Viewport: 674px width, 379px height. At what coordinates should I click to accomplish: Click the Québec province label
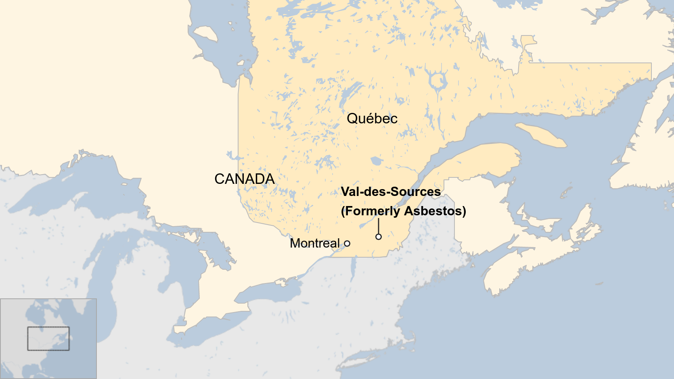coord(372,119)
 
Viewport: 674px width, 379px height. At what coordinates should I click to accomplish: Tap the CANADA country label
coord(244,179)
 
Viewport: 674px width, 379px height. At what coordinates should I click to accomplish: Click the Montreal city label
coord(315,244)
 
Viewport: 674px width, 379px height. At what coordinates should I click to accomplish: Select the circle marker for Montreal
coord(347,244)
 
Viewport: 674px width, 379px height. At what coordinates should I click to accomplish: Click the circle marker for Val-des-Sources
coord(379,237)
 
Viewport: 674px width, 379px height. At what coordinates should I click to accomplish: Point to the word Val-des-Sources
coord(391,192)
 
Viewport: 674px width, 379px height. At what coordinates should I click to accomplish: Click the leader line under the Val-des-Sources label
coord(379,226)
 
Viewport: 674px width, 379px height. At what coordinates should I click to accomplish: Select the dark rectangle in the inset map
coord(48,338)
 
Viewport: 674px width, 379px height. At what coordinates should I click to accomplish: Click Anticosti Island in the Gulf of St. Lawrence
coord(541,135)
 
